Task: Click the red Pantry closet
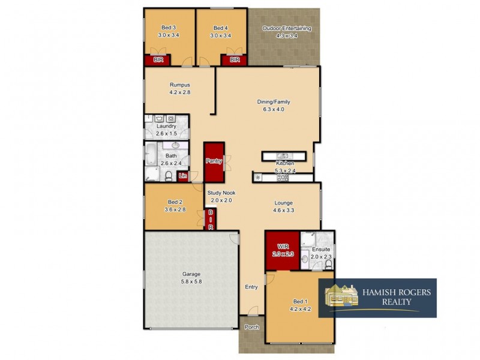pyautogui.click(x=214, y=161)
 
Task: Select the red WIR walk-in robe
pyautogui.click(x=282, y=250)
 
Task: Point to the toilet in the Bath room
pyautogui.click(x=169, y=176)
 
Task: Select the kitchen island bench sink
pyautogui.click(x=285, y=157)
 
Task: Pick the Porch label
pyautogui.click(x=251, y=328)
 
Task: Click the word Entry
pyautogui.click(x=251, y=287)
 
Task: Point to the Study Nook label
pyautogui.click(x=221, y=196)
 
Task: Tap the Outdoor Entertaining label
pyautogui.click(x=286, y=32)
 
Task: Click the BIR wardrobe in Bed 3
pyautogui.click(x=158, y=60)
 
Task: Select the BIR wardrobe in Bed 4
pyautogui.click(x=235, y=60)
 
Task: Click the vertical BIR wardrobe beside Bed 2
pyautogui.click(x=211, y=220)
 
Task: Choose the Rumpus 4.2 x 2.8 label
pyautogui.click(x=179, y=89)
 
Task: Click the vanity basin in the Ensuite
pyautogui.click(x=306, y=259)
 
